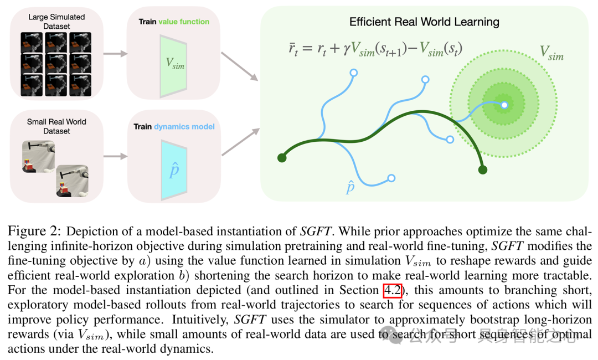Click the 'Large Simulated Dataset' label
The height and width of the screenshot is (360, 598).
tap(56, 22)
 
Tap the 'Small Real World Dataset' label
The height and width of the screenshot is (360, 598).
tap(56, 126)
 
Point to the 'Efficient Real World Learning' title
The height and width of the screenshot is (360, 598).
tap(424, 22)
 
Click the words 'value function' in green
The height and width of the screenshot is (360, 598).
tap(184, 22)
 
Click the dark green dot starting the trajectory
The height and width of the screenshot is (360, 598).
tap(282, 158)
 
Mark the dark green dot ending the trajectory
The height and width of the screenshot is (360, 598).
tap(483, 169)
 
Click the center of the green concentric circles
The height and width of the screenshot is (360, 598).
tap(504, 104)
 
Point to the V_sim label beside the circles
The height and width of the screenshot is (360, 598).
tap(551, 53)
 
